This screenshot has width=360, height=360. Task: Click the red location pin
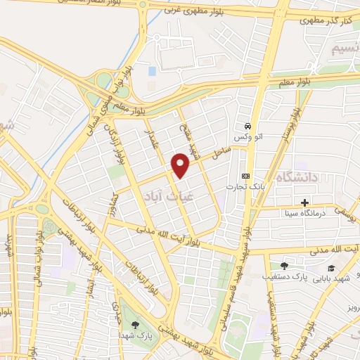tap(181, 165)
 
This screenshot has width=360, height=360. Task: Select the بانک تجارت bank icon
tap(245, 176)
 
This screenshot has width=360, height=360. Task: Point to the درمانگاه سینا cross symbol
tap(304, 202)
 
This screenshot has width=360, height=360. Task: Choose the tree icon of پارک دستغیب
tap(284, 266)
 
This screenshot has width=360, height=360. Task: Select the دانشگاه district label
tap(298, 177)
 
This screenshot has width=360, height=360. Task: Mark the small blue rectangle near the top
tap(152, 71)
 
